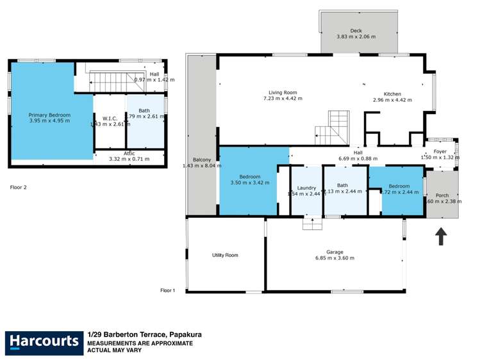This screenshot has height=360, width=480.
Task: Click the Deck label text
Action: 356,31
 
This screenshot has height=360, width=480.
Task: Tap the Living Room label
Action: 283,92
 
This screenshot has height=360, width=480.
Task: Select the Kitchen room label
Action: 392,93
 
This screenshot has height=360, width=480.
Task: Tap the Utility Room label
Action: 225,255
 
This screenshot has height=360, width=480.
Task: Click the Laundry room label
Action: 306,188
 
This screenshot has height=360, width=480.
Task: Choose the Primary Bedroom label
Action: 49,115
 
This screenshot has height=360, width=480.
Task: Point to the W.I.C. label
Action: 108,118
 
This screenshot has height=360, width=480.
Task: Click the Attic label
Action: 129,153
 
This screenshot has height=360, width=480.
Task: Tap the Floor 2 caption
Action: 18,188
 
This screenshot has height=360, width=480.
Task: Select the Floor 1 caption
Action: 168,290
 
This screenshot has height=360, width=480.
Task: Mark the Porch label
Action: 442,195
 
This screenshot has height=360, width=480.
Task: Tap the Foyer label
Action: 440,152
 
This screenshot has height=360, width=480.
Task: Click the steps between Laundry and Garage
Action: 312,222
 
